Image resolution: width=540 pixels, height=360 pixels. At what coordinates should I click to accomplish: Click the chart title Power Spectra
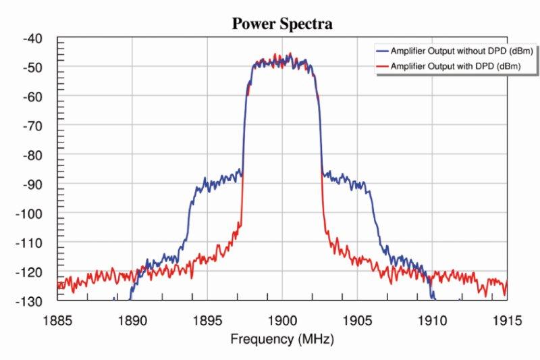[x=282, y=24]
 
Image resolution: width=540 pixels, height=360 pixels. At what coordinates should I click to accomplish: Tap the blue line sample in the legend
[x=382, y=51]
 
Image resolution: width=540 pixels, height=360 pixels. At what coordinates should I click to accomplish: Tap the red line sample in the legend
[x=382, y=66]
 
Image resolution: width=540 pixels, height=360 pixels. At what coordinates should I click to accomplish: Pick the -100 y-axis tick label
[x=30, y=213]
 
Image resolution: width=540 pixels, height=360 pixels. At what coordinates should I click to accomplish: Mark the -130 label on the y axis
[x=30, y=301]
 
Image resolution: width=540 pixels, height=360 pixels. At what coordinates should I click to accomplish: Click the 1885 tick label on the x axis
[x=58, y=317]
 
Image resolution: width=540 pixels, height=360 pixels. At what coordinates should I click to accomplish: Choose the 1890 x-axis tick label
[x=132, y=317]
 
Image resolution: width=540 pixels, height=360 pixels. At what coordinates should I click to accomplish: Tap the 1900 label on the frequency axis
[x=282, y=317]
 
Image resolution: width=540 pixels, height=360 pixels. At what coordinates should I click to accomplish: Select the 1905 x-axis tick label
[x=357, y=317]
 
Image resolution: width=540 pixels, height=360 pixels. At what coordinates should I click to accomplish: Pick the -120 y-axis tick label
[x=30, y=272]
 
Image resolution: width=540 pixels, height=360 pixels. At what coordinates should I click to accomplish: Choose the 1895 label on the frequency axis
[x=207, y=317]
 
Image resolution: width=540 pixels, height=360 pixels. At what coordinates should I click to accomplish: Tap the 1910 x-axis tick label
[x=432, y=317]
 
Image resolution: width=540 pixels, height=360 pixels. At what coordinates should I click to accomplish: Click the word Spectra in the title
[x=307, y=24]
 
